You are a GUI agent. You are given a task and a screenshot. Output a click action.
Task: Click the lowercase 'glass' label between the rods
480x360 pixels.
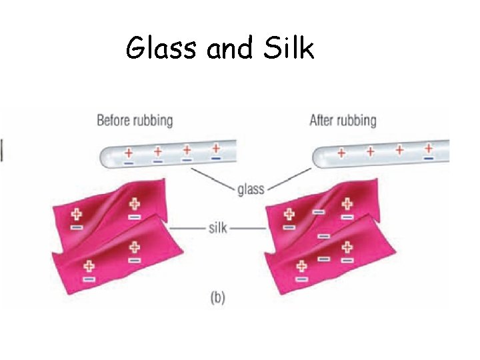(x=251, y=189)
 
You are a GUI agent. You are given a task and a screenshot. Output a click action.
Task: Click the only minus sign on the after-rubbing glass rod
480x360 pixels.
(x=428, y=159)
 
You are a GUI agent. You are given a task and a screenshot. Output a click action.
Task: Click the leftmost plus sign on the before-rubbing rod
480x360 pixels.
(x=129, y=153)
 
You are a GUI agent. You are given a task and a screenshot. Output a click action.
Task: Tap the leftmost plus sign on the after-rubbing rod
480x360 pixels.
(x=341, y=153)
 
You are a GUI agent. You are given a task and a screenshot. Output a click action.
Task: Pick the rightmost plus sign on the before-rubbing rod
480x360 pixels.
(x=216, y=148)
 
